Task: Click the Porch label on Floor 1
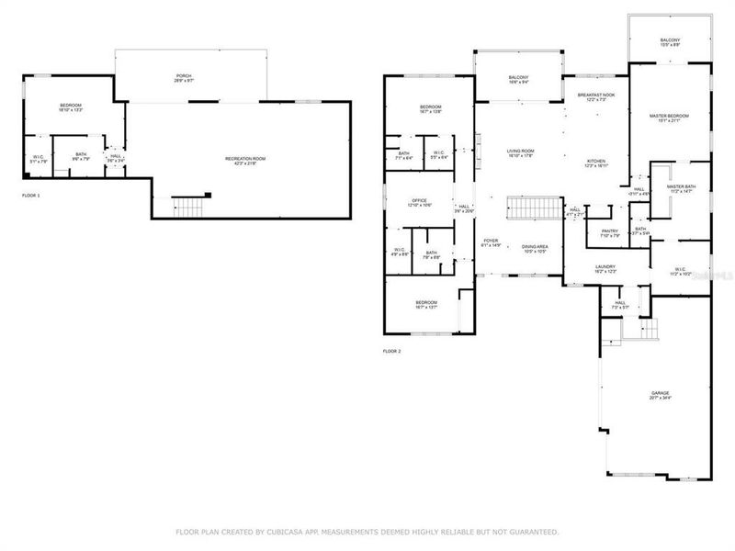coord(185,75)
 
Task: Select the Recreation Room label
coord(245,159)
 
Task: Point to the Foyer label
coord(491,241)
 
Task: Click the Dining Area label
coord(535,246)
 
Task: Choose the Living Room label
coord(521,151)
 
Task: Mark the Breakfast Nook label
coord(596,95)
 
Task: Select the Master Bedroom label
coord(669,116)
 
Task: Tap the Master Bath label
coord(681,186)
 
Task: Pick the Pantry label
coord(610,231)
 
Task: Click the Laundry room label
coord(605,266)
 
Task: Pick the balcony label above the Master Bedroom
coord(670,39)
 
